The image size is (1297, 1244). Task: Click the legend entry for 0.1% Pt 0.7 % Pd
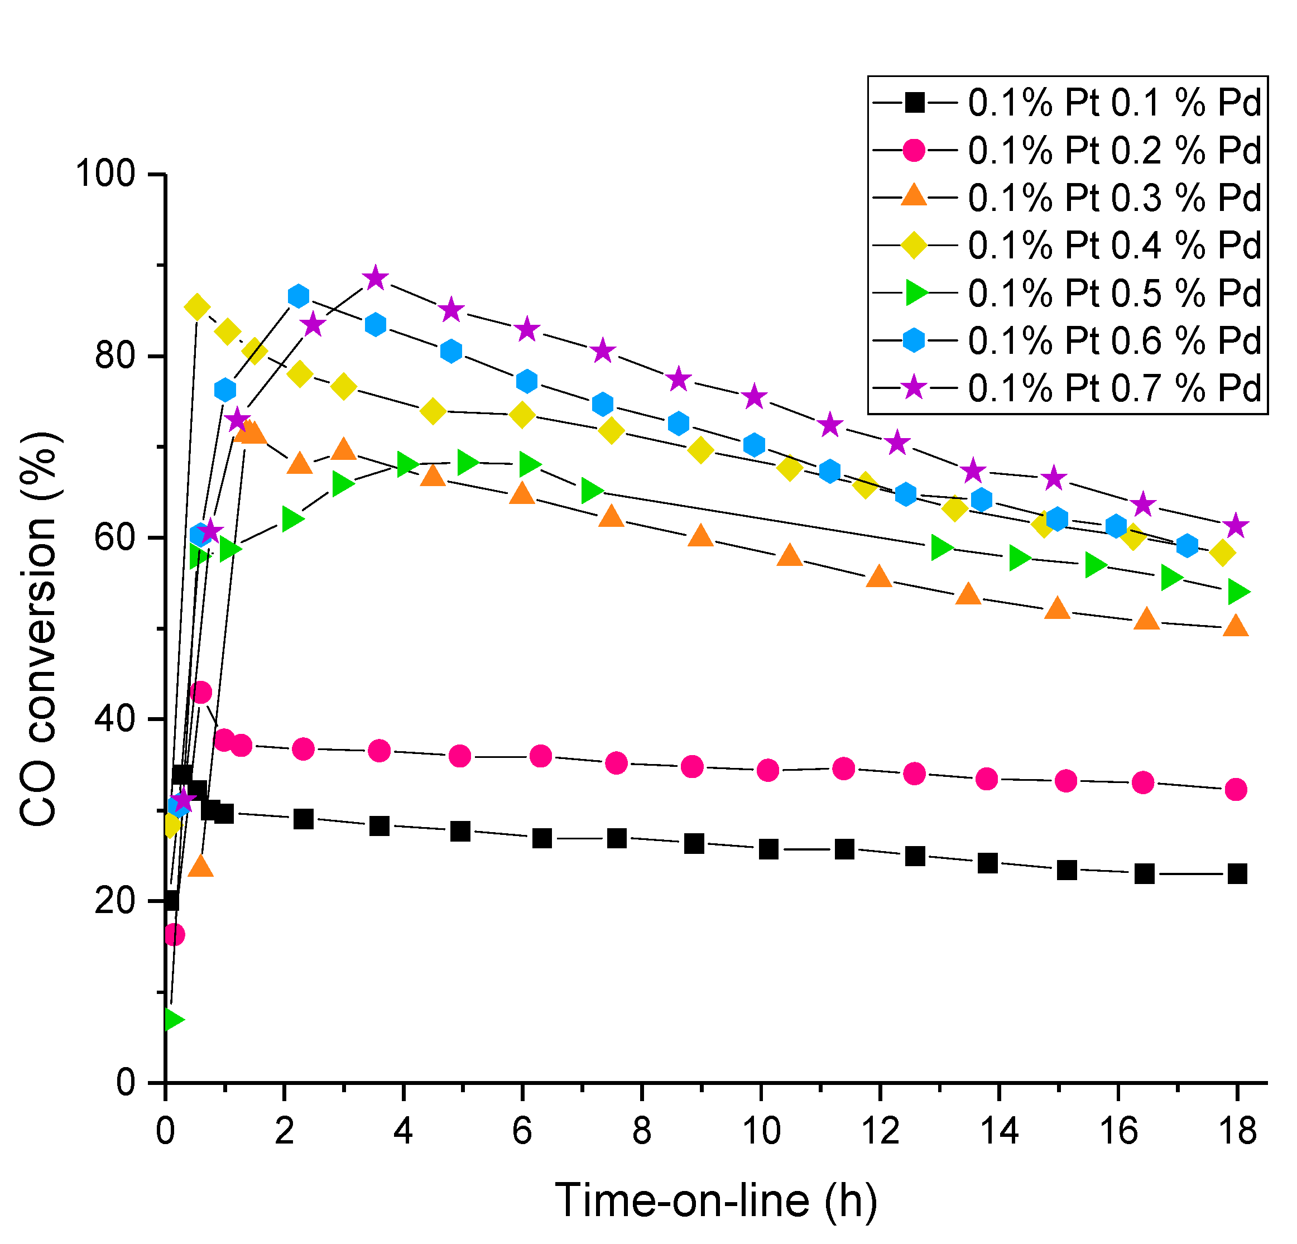click(1115, 388)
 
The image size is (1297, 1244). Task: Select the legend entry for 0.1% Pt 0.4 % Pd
click(1115, 246)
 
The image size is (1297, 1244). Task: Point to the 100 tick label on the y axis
click(105, 175)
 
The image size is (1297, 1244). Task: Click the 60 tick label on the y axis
click(114, 538)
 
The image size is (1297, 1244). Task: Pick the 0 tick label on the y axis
click(125, 1083)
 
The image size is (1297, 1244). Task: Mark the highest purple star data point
click(375, 278)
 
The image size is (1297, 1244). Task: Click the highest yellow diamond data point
click(196, 307)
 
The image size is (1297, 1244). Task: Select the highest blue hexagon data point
click(299, 296)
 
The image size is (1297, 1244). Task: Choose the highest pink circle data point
click(200, 693)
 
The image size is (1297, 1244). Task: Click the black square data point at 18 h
click(1237, 873)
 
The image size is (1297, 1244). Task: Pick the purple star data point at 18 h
click(1236, 527)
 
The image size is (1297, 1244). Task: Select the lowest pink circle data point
click(174, 934)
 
